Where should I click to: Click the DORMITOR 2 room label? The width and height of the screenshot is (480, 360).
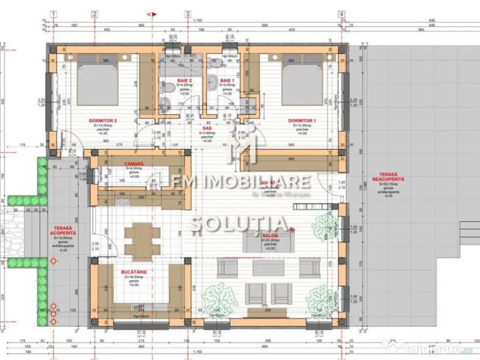click(x=103, y=120)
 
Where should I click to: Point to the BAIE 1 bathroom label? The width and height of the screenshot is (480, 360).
click(x=226, y=81)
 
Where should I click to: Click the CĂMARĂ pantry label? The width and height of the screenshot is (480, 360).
click(x=134, y=164)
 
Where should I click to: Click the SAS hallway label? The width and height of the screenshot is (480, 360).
click(x=206, y=127)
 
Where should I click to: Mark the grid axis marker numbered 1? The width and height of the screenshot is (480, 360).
click(x=54, y=14)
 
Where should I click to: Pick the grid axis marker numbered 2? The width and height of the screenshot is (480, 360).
click(x=94, y=14)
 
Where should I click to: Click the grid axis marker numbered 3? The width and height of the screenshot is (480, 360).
click(x=187, y=14)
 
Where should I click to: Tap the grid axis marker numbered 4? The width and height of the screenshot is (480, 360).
click(x=341, y=14)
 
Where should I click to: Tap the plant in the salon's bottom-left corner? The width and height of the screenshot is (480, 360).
click(x=219, y=295)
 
